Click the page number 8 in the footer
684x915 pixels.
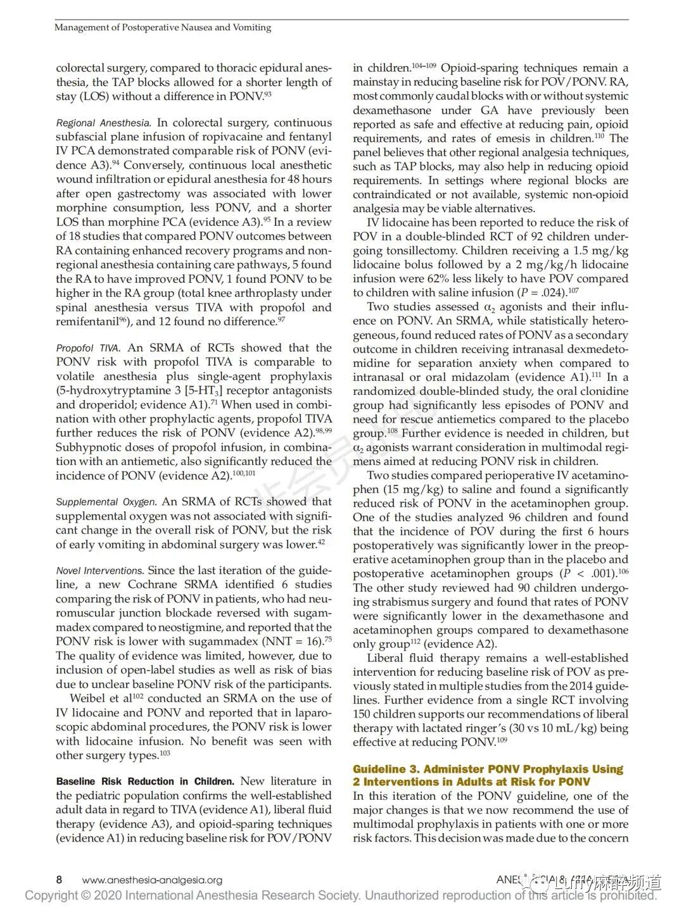[x=59, y=880]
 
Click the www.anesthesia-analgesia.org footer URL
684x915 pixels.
[x=152, y=880]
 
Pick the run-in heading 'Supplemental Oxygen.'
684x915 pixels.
[x=106, y=502]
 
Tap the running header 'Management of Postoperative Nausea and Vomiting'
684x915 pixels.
[x=163, y=27]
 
